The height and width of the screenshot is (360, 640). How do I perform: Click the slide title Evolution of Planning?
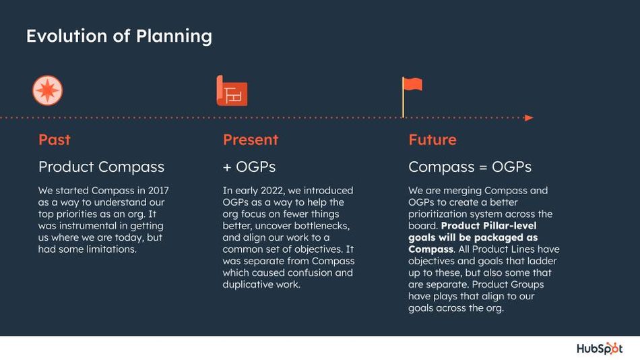click(x=119, y=36)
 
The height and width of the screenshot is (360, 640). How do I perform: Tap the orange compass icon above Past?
click(x=47, y=90)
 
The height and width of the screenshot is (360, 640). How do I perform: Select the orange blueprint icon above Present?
click(x=232, y=91)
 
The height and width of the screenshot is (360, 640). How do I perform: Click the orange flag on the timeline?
click(x=412, y=85)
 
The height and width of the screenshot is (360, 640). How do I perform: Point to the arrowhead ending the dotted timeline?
click(x=529, y=118)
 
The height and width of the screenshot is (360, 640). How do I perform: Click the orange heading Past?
click(x=55, y=140)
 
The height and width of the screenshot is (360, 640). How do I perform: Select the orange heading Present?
click(x=250, y=140)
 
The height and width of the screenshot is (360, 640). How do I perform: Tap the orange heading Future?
click(x=433, y=140)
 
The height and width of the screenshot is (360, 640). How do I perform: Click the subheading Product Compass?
click(x=101, y=167)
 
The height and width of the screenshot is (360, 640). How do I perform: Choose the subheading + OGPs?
click(x=249, y=167)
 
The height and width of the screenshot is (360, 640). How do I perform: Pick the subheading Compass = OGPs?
click(x=470, y=167)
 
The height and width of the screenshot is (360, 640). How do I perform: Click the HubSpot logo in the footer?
click(x=600, y=349)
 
